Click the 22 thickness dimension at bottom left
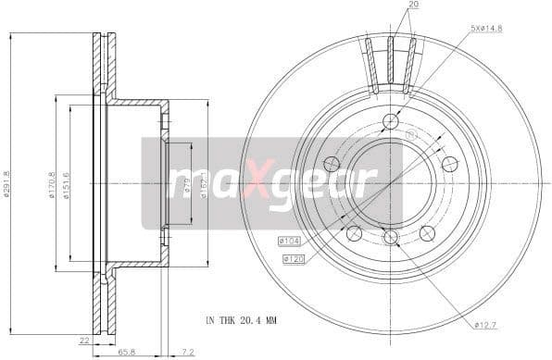point(83,340)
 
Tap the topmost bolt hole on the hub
point(390,121)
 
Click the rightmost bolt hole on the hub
point(450,164)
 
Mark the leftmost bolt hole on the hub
point(331,164)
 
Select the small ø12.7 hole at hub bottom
point(390,237)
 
